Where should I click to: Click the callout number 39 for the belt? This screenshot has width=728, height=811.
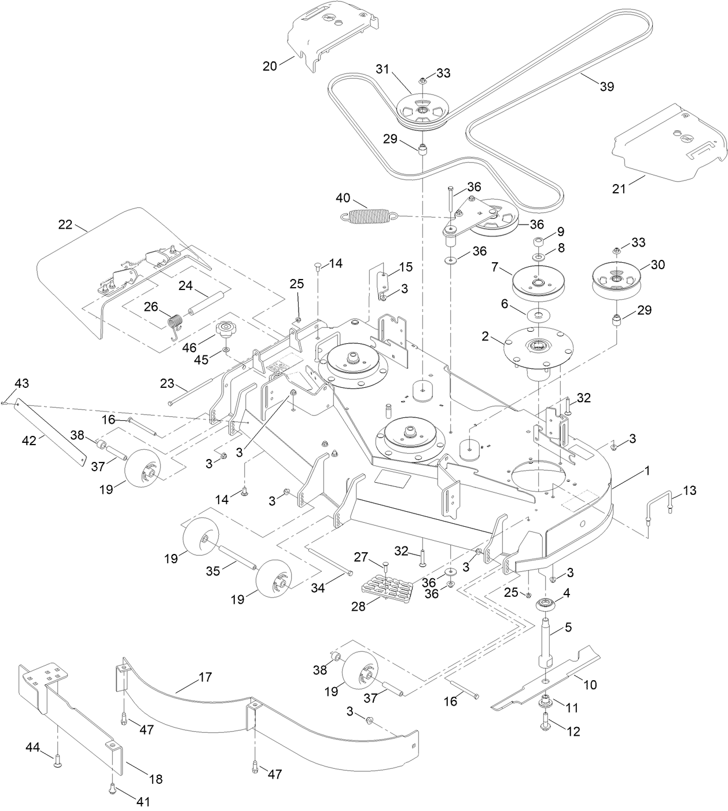click(x=606, y=86)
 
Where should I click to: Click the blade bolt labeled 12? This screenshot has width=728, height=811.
click(x=546, y=724)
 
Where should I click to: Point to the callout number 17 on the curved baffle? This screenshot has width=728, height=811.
click(x=205, y=677)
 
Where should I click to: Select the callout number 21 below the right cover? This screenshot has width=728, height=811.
click(x=619, y=188)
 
